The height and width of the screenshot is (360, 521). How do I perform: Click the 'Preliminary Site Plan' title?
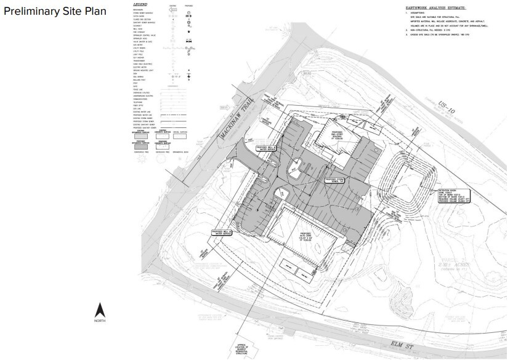coord(54,12)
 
